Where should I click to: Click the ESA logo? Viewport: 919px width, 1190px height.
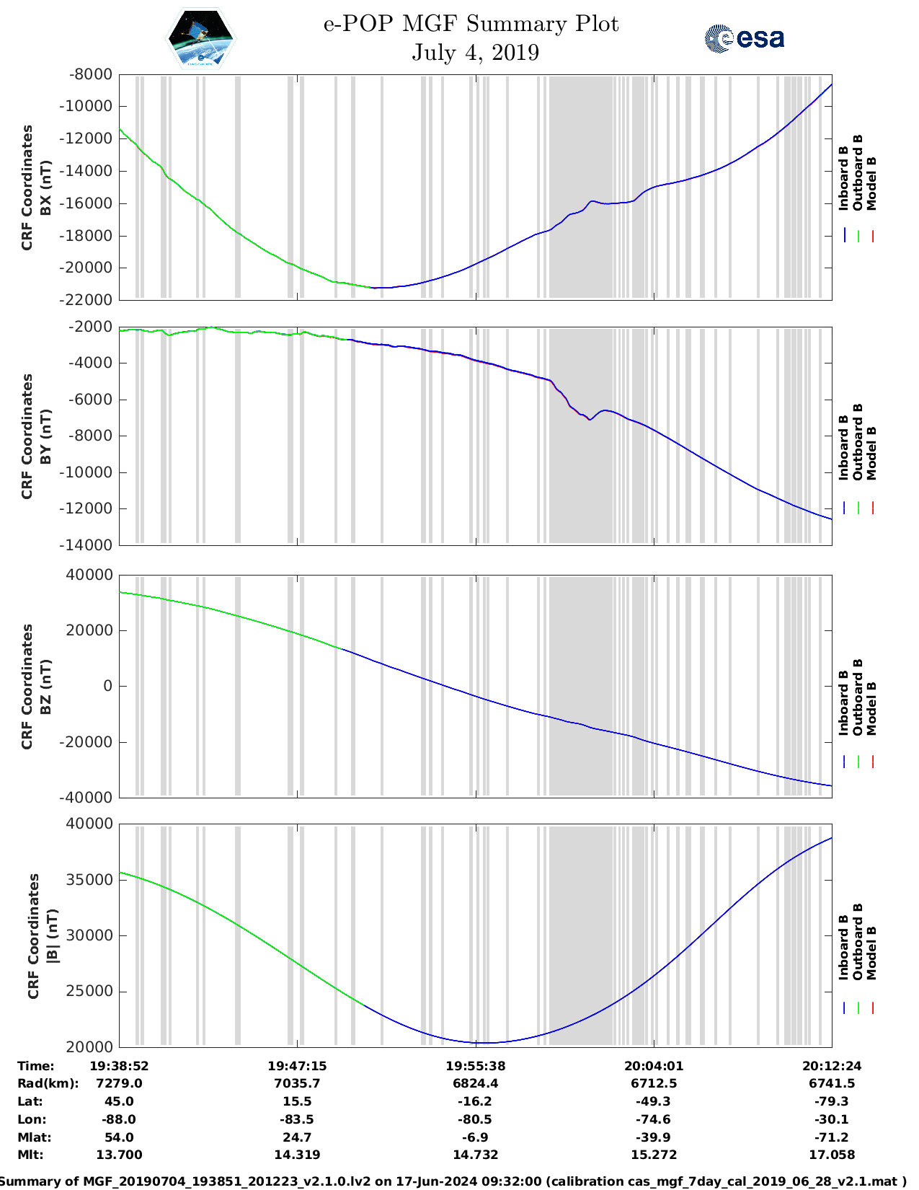tap(745, 38)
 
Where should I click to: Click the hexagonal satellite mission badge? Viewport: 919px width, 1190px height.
tap(200, 38)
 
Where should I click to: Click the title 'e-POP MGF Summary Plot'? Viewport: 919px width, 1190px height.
tap(471, 24)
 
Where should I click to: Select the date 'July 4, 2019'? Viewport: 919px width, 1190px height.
tap(475, 53)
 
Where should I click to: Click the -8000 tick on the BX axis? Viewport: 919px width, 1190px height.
tap(91, 74)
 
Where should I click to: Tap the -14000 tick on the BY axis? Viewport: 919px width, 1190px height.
tap(91, 545)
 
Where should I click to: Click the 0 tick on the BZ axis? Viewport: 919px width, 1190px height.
tap(108, 686)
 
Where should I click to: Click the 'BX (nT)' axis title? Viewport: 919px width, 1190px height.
tap(45, 188)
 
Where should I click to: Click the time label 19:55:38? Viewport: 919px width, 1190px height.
tap(475, 1066)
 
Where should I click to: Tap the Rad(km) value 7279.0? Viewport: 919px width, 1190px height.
tap(119, 1083)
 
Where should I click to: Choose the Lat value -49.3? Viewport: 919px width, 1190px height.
tap(654, 1101)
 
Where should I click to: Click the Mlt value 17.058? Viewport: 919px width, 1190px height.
tap(832, 1155)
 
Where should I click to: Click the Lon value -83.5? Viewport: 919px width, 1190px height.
tap(297, 1119)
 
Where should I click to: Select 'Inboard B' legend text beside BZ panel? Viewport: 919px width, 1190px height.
tap(843, 702)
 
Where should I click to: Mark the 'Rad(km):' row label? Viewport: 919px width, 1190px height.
tap(48, 1083)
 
